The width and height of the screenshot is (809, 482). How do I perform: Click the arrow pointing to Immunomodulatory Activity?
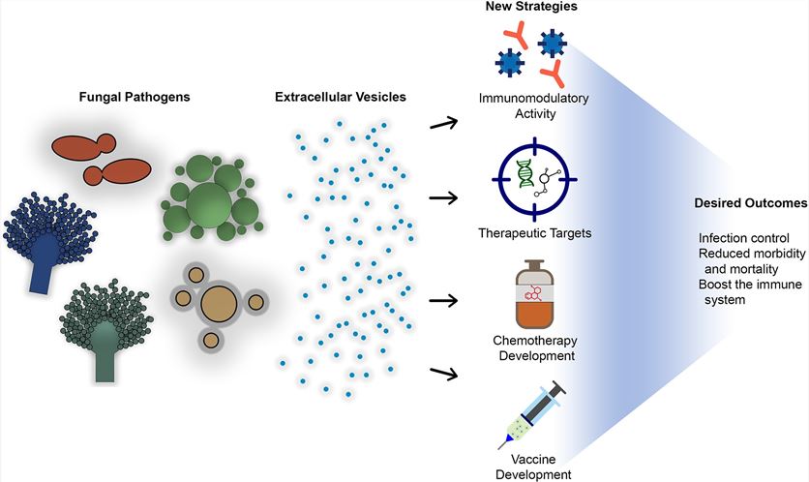coord(443,122)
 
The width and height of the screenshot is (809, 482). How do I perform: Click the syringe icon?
coord(532,414)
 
